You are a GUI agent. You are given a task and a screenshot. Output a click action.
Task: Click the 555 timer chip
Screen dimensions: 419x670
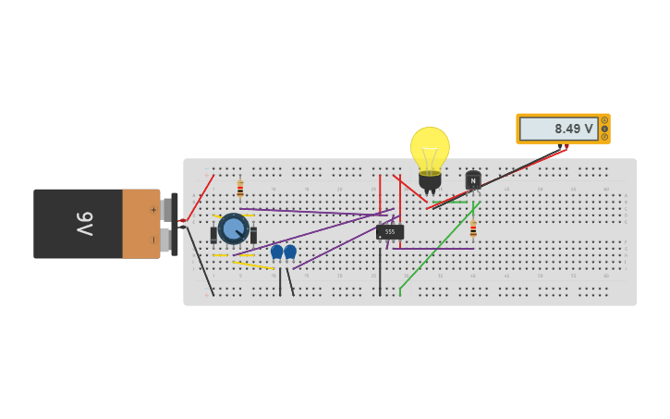coord(390,232)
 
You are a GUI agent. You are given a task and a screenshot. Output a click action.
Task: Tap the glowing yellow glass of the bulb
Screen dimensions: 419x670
coord(430,148)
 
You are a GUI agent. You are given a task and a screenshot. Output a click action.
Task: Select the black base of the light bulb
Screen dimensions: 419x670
coord(430,180)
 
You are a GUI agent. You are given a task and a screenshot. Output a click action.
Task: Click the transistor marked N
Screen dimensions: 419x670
coord(473,180)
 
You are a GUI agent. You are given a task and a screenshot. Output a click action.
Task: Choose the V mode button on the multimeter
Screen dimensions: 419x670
coord(604,129)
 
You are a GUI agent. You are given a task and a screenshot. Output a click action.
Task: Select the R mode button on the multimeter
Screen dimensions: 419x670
coord(604,137)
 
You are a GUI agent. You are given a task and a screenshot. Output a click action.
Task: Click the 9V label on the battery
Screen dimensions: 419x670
coord(84,224)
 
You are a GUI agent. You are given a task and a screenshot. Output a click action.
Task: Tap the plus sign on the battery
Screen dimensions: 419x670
coord(153,210)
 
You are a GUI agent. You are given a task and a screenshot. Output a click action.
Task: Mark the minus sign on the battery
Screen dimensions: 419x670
coord(153,240)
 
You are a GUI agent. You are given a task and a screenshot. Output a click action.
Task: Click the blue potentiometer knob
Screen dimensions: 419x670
coord(233,228)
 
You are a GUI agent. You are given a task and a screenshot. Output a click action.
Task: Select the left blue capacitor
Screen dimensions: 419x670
coord(276,252)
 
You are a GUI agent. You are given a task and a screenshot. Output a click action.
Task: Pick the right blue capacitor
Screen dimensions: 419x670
coord(290,252)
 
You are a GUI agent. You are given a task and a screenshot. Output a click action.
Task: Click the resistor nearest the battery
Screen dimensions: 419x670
coord(240,189)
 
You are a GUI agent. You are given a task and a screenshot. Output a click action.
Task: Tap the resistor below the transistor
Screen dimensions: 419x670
coord(473,228)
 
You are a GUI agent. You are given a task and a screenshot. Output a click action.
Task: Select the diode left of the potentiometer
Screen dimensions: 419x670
coord(213,235)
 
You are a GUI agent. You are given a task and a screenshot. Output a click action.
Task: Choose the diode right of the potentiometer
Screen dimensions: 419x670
coord(253,235)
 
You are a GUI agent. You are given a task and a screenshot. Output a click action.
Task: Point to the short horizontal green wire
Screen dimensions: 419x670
coord(449,203)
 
